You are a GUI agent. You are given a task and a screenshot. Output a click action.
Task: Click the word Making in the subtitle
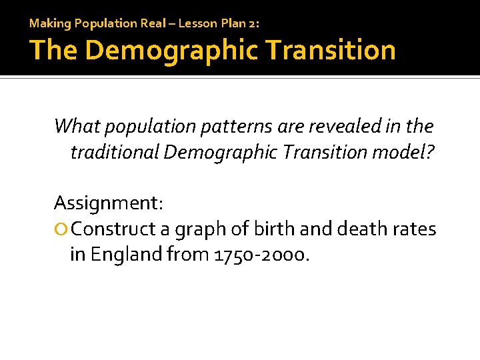coord(50,23)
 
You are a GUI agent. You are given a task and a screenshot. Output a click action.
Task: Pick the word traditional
coord(114,153)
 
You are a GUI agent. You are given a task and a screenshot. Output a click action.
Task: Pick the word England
coord(127,255)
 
